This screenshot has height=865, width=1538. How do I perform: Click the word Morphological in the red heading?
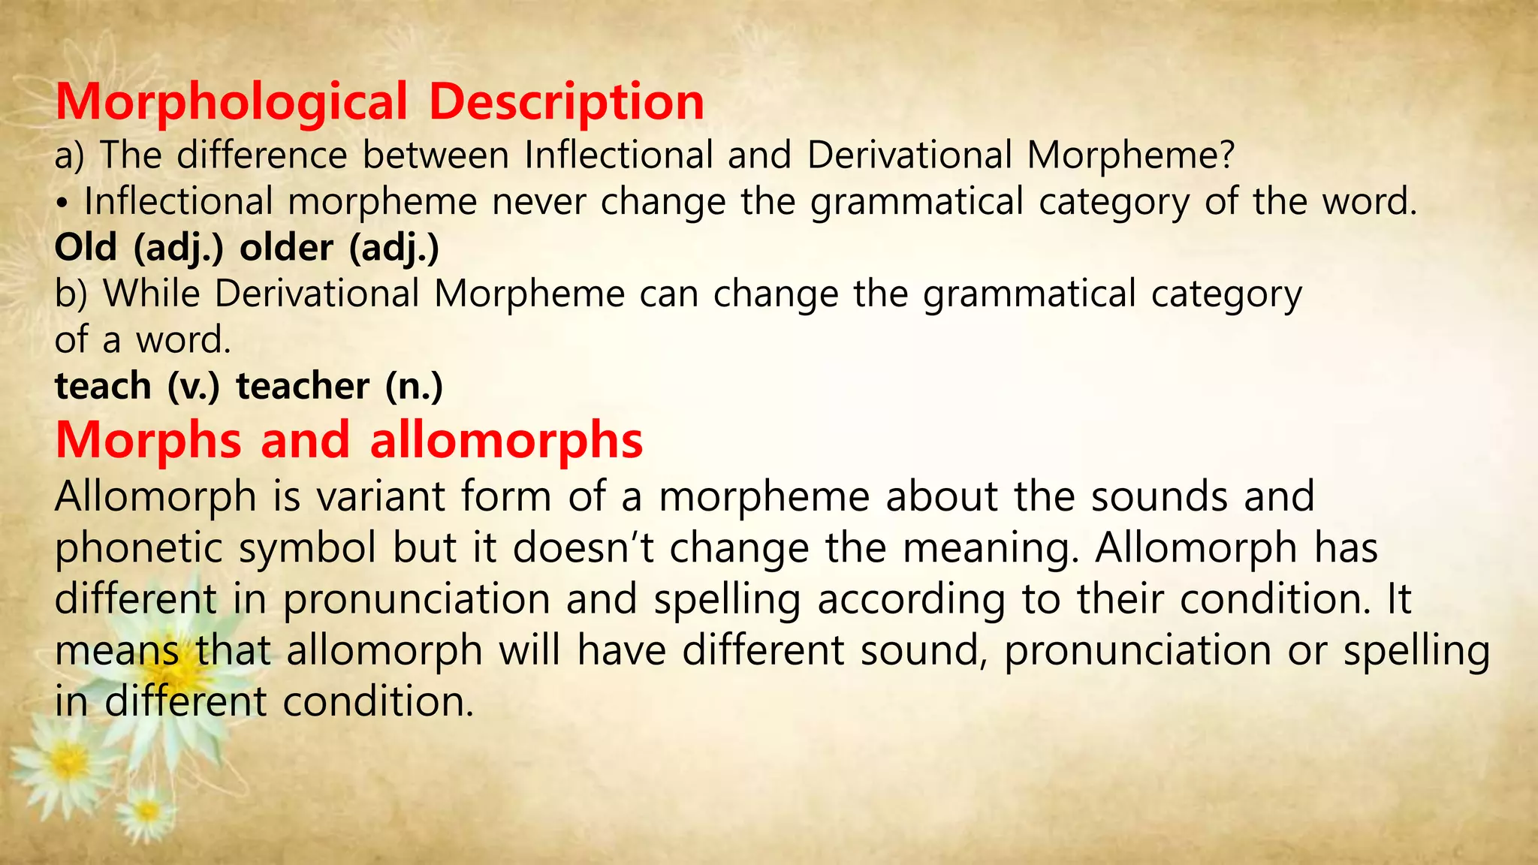click(x=231, y=102)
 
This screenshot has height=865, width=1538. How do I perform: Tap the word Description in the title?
click(x=566, y=102)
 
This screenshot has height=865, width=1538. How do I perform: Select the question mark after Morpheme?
click(x=1227, y=155)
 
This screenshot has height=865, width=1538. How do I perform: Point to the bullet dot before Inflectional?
click(x=65, y=203)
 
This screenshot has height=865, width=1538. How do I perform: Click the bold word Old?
click(x=86, y=247)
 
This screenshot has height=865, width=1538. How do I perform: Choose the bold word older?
click(x=286, y=247)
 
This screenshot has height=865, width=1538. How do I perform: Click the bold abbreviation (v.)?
click(x=194, y=386)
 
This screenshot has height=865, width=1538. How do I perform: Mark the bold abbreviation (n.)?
click(x=414, y=386)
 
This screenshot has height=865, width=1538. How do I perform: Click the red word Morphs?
click(x=149, y=440)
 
